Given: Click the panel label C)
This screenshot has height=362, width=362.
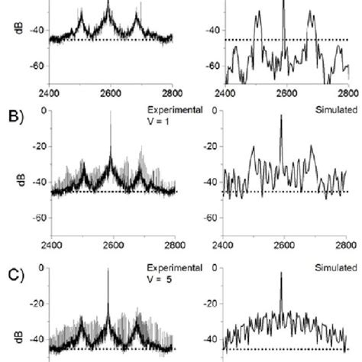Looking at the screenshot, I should (x=12, y=269).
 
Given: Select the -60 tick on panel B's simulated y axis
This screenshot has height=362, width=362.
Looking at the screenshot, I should (x=209, y=218).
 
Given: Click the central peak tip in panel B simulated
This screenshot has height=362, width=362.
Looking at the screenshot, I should (x=283, y=115).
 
